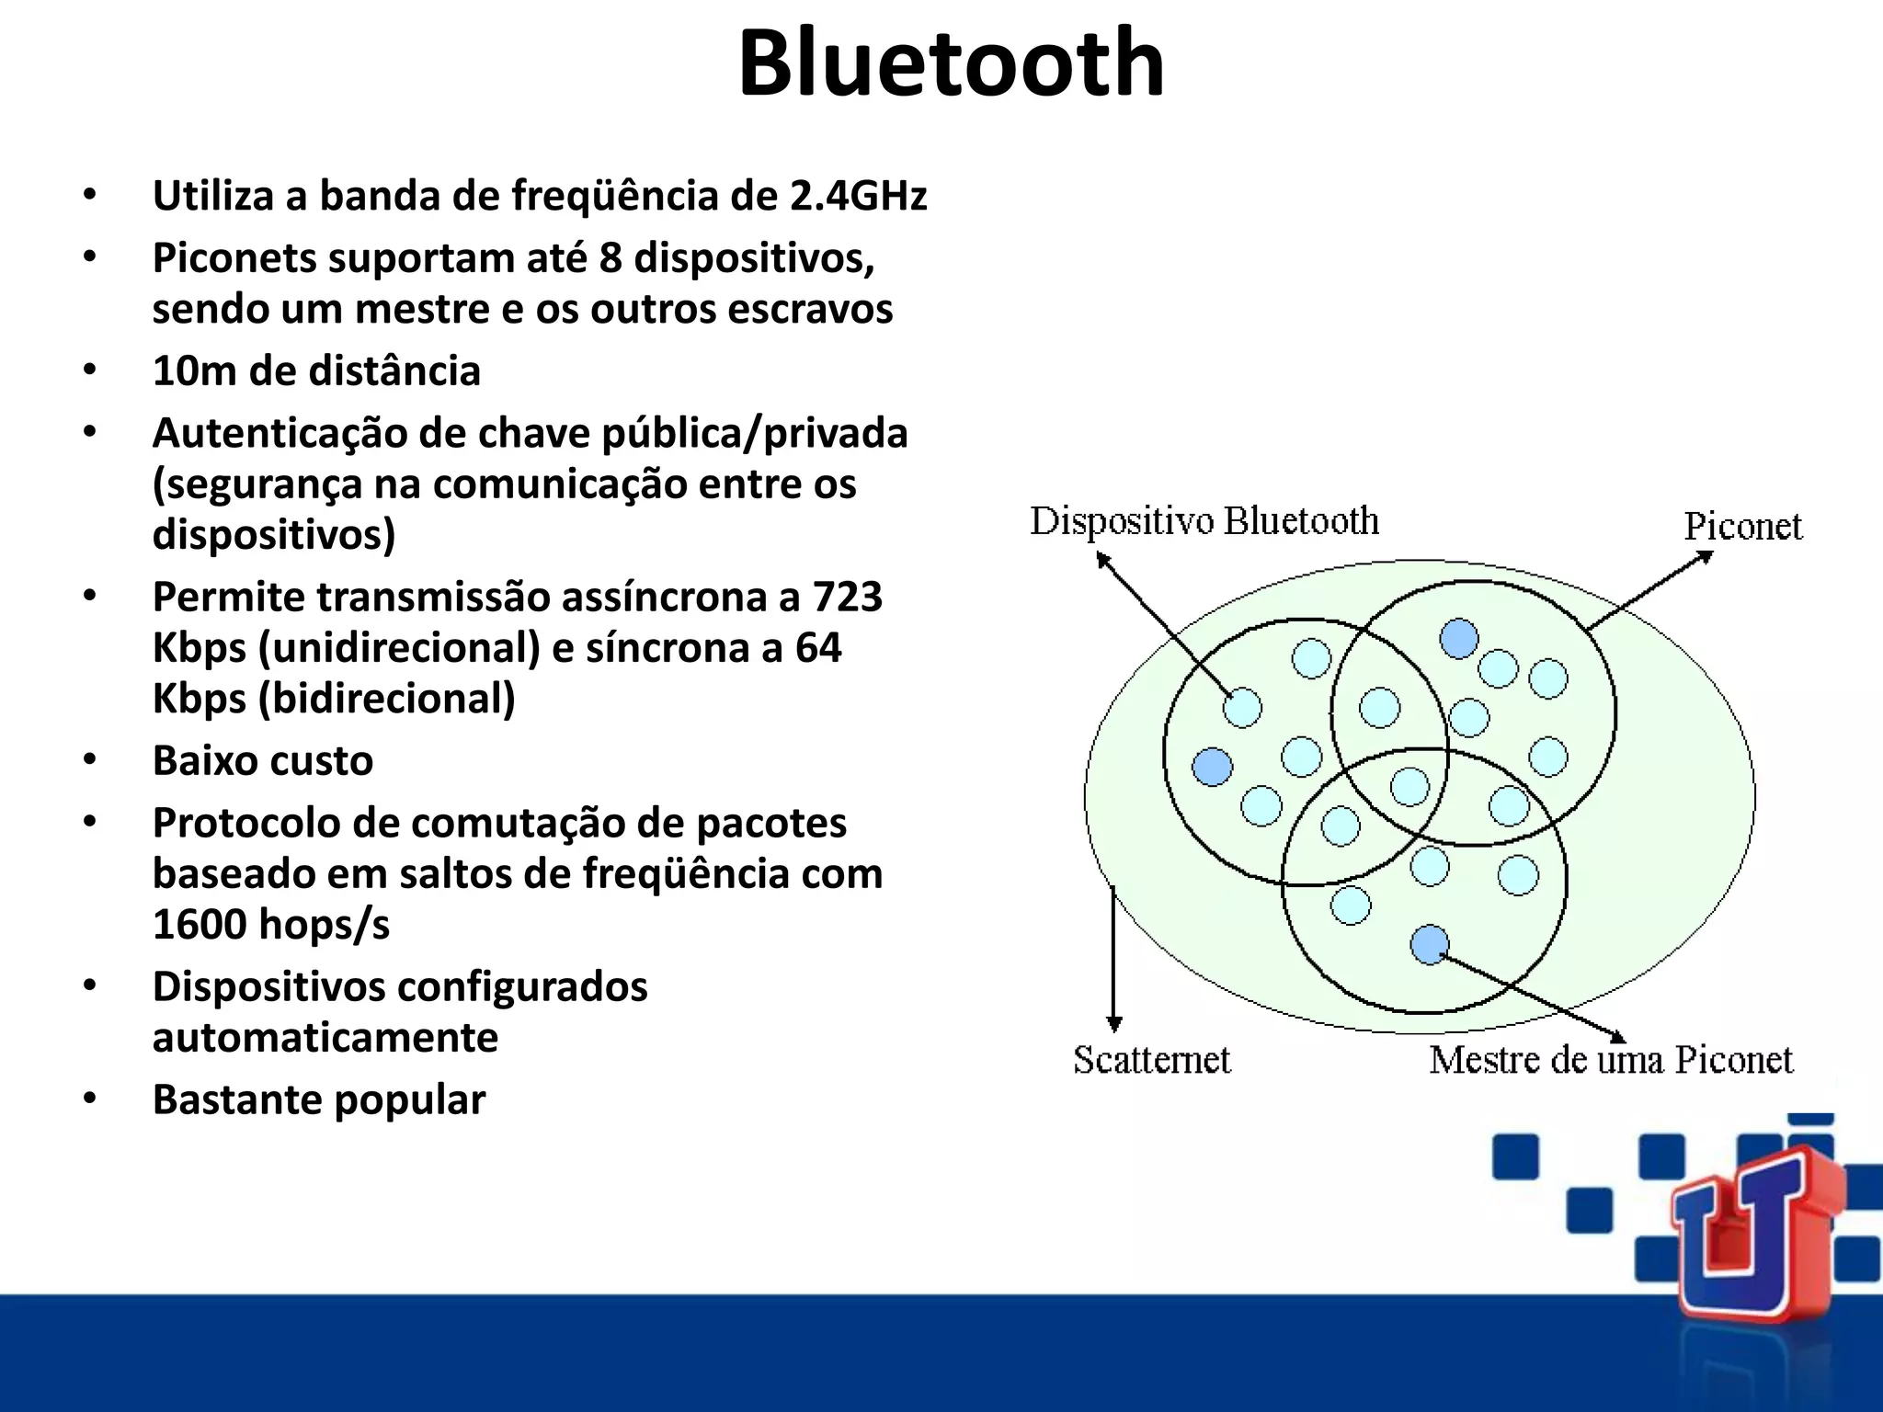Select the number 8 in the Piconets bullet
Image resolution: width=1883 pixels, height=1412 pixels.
tap(610, 257)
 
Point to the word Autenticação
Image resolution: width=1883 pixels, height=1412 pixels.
tap(280, 433)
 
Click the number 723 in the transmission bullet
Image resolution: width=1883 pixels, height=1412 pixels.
tap(847, 597)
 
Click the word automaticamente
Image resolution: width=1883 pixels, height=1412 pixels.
tap(325, 1038)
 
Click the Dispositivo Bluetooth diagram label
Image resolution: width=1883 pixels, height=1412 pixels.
tap(1204, 521)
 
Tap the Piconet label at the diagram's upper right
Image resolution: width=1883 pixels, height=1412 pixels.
tap(1742, 527)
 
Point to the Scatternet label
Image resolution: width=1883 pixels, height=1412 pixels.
tap(1151, 1060)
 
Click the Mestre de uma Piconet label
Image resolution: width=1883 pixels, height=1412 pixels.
tap(1610, 1060)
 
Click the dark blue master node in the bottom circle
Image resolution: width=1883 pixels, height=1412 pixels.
tap(1429, 945)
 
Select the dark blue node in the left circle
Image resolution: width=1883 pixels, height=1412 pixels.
tap(1212, 766)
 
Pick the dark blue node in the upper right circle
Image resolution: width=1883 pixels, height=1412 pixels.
tap(1459, 638)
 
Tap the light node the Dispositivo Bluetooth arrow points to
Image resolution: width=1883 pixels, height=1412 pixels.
tap(1242, 708)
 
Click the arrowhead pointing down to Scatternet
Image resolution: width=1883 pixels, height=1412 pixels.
tap(1113, 1024)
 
